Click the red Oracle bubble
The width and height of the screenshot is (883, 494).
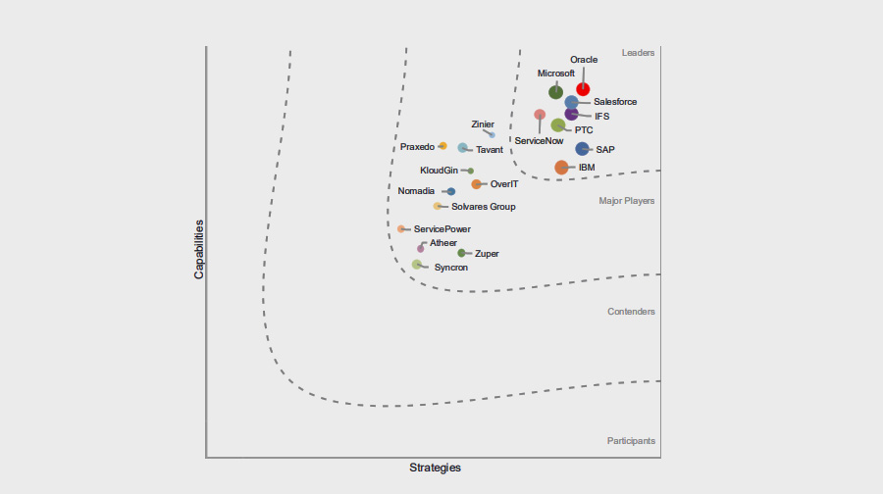[x=583, y=89]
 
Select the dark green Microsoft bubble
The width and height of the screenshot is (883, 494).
[x=556, y=92]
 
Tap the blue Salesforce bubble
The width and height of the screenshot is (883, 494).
[x=571, y=102]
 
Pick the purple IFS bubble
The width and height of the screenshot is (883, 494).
[x=572, y=115]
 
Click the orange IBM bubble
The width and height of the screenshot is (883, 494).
[x=561, y=168]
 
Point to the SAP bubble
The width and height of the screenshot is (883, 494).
[x=582, y=149]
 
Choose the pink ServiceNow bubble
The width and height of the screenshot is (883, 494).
[x=540, y=115]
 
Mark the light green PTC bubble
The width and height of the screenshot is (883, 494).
[x=558, y=125]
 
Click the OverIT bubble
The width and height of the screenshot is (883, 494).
[x=476, y=184]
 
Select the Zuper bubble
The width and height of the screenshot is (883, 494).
[x=461, y=253]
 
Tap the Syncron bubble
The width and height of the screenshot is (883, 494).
[x=417, y=265]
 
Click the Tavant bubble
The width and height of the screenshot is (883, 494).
[x=462, y=148]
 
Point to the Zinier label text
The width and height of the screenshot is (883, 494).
[x=483, y=124]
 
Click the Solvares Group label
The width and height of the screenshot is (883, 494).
[x=483, y=207]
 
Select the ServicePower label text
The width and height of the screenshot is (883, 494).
[x=441, y=229]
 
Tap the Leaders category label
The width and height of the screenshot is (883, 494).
[x=638, y=53]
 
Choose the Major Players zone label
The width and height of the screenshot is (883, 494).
[x=627, y=201]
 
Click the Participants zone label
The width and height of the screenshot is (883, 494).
[x=631, y=441]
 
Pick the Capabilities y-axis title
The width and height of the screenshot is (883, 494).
[x=199, y=249]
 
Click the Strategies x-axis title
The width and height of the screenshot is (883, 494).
[x=435, y=468]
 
